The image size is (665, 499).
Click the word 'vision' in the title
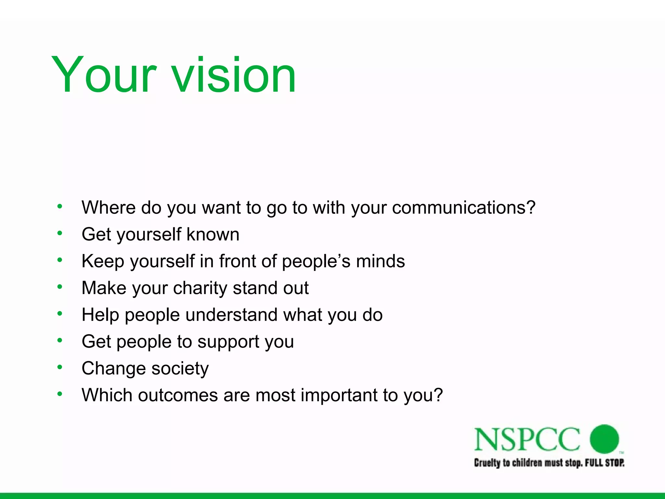click(x=233, y=75)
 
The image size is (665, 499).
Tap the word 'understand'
click(x=231, y=315)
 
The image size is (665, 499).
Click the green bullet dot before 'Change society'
click(x=59, y=367)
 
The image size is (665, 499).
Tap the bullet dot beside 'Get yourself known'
click(x=59, y=233)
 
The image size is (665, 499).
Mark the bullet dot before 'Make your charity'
click(x=59, y=287)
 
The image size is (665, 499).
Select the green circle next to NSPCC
click(x=604, y=439)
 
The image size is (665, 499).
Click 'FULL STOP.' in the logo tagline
click(x=604, y=463)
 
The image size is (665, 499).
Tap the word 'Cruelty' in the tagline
click(x=487, y=463)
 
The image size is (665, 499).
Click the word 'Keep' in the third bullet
click(x=103, y=261)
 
